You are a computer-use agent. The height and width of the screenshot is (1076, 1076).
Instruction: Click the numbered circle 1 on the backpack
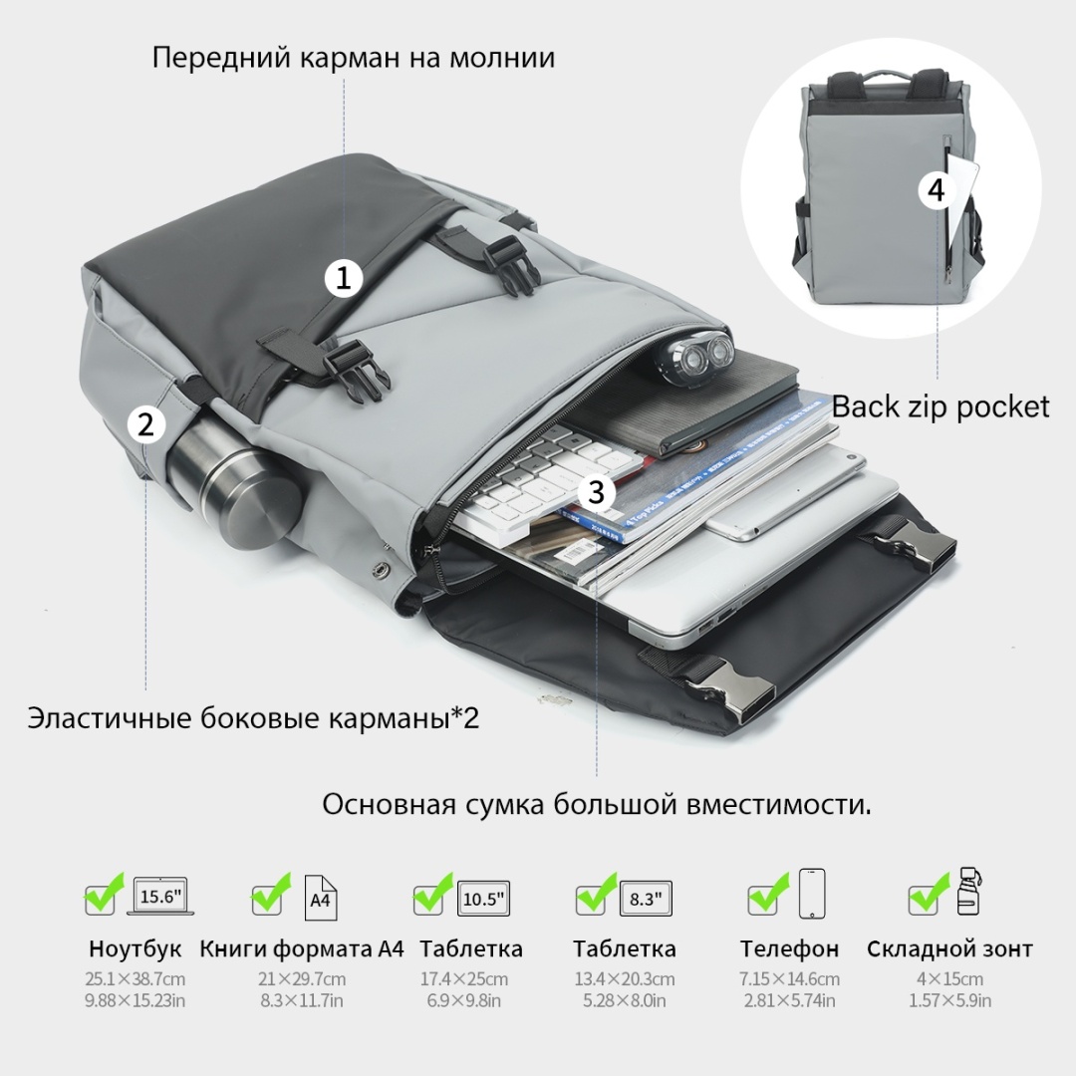click(x=343, y=278)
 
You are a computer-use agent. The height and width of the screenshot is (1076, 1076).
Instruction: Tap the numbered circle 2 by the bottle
click(x=146, y=424)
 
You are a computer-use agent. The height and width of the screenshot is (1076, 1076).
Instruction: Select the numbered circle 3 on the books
click(x=596, y=492)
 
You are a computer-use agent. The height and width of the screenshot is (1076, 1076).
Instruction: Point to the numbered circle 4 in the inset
click(x=938, y=189)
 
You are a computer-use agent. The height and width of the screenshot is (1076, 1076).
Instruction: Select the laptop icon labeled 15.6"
click(x=160, y=897)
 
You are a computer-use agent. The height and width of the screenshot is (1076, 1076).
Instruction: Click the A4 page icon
click(x=321, y=898)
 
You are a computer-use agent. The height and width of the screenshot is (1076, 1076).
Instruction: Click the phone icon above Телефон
click(x=812, y=894)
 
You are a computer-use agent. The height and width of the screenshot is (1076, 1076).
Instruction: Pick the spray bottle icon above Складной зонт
click(x=968, y=890)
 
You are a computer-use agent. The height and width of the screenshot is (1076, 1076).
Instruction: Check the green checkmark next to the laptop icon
click(x=103, y=895)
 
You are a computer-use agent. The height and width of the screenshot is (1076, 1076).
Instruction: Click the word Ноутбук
click(x=135, y=949)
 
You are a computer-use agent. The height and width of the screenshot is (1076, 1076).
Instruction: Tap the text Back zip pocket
click(x=941, y=406)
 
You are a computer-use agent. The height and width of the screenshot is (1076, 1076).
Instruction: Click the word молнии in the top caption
click(x=502, y=57)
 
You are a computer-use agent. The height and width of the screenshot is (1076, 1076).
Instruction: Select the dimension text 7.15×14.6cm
click(x=789, y=979)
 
